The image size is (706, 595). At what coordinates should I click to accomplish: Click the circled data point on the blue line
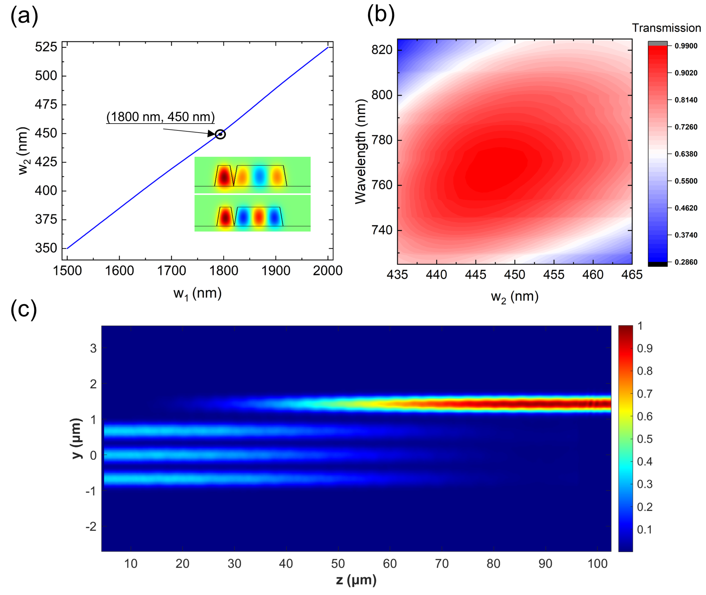coord(220,134)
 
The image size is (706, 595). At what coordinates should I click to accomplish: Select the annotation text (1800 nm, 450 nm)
coord(161,117)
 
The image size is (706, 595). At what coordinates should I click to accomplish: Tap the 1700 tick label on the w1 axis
coord(171,271)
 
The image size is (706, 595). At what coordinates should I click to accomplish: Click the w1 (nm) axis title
coord(197,293)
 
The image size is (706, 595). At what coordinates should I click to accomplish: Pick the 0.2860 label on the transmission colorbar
coord(686,262)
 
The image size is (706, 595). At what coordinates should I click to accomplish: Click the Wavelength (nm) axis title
coord(360,151)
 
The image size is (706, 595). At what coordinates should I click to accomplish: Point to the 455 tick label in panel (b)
coord(554,275)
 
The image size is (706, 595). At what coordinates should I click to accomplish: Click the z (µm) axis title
coord(356,580)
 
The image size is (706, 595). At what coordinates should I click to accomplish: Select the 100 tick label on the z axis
coord(597,564)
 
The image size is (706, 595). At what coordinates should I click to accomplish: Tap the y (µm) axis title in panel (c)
coord(77,438)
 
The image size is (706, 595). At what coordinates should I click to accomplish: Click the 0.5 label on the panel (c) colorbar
coord(644,439)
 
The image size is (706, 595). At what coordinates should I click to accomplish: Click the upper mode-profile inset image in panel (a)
coord(252,175)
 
